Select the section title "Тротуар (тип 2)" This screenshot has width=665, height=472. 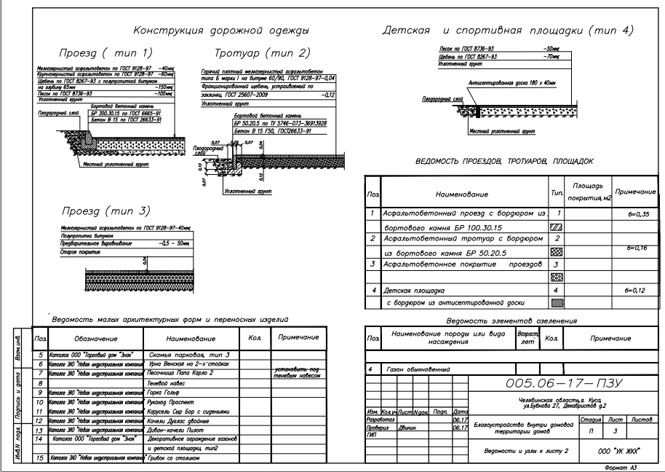pos(262,53)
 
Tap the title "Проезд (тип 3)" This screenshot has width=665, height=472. pos(105,211)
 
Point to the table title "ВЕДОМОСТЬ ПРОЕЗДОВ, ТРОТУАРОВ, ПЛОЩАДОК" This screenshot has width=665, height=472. pos(504,160)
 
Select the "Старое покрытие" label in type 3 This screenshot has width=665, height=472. pos(71,250)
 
